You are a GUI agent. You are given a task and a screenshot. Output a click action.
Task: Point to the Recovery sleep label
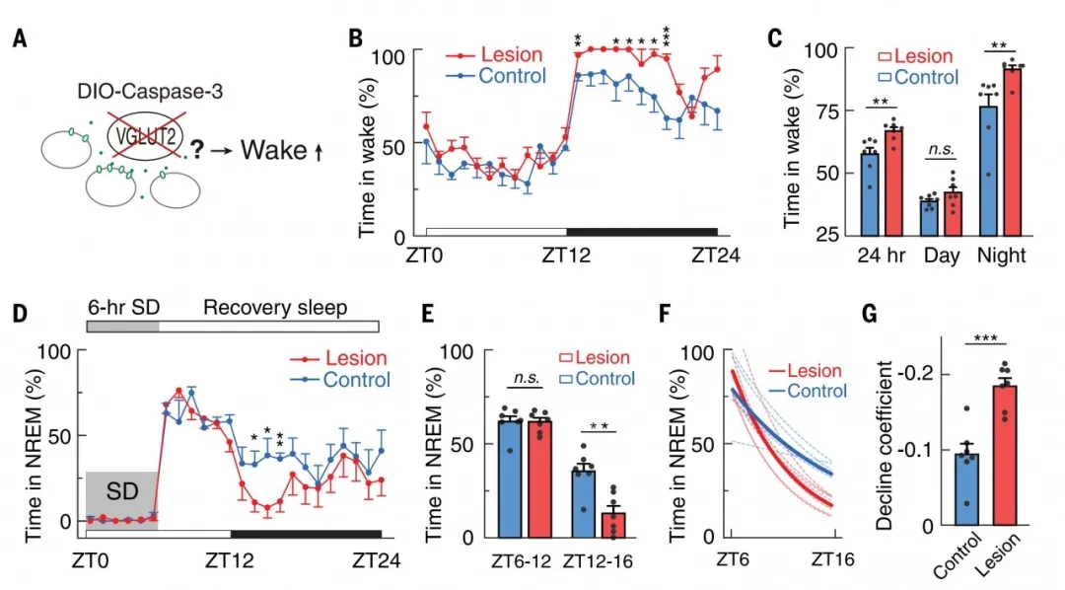275,308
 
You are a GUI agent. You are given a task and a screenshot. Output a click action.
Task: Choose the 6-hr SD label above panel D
121,308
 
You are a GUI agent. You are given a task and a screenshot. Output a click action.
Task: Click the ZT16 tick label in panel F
831,559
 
